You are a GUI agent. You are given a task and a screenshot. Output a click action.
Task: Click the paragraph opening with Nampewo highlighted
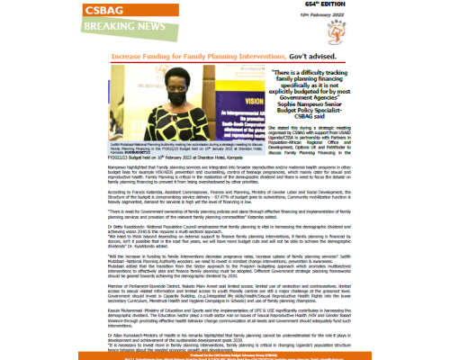tap(225, 174)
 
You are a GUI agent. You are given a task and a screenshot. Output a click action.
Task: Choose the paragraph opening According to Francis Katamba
tap(225, 194)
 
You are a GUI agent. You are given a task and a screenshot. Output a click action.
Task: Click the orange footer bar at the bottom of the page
tap(225, 355)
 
